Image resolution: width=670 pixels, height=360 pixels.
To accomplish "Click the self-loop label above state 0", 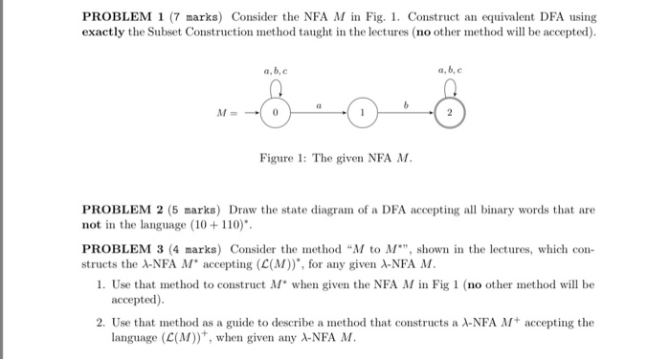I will [275, 70].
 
